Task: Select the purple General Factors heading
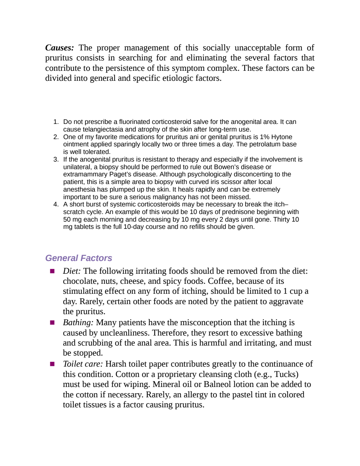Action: click(x=79, y=258)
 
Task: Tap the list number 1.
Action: click(x=56, y=122)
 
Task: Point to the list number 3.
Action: click(x=56, y=159)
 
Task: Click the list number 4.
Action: click(x=56, y=204)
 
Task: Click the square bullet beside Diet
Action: click(x=52, y=271)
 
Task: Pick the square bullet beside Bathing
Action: click(x=52, y=323)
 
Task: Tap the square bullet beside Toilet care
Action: click(x=52, y=364)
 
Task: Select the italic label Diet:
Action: click(x=71, y=271)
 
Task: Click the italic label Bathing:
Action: click(x=78, y=322)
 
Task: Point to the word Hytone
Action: click(x=282, y=137)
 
